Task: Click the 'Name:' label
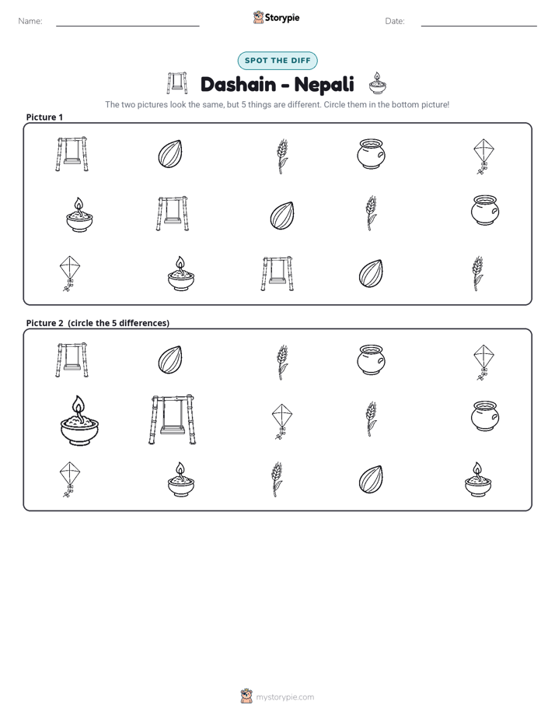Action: click(x=30, y=21)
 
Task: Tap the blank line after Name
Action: click(x=127, y=26)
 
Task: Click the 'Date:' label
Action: click(x=395, y=21)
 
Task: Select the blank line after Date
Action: click(x=479, y=26)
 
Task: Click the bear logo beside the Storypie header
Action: click(x=258, y=17)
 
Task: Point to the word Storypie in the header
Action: click(x=282, y=18)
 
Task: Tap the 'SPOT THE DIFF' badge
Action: click(x=277, y=61)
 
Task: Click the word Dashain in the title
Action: click(x=238, y=84)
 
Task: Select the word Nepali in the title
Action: click(x=324, y=85)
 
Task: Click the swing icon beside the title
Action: click(x=177, y=83)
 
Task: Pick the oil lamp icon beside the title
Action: click(x=377, y=83)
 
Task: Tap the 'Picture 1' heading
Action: click(x=44, y=117)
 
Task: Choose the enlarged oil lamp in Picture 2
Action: click(x=80, y=420)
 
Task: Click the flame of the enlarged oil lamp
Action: click(x=79, y=406)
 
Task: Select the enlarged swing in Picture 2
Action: click(x=173, y=419)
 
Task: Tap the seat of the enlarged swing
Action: click(x=173, y=430)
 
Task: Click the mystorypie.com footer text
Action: click(x=284, y=697)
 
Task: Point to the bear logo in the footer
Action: click(x=246, y=696)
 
